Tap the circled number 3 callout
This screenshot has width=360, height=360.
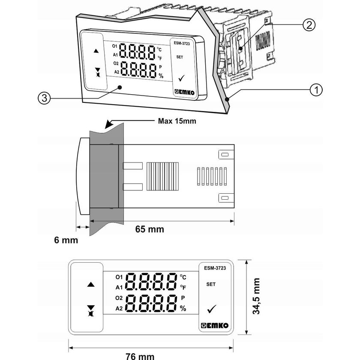coord(43,98)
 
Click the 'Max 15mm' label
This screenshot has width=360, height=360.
coord(175,120)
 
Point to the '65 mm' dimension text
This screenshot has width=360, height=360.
coord(150,229)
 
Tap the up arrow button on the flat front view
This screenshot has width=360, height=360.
coord(90,284)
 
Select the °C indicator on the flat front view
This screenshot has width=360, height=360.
coord(183,277)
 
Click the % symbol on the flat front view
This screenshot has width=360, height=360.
coord(183,308)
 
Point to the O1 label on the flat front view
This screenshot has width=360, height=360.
coord(119,276)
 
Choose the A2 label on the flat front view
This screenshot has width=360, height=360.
coord(119,308)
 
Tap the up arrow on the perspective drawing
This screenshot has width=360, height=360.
coord(96,51)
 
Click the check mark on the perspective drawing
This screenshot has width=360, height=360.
coord(180,78)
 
